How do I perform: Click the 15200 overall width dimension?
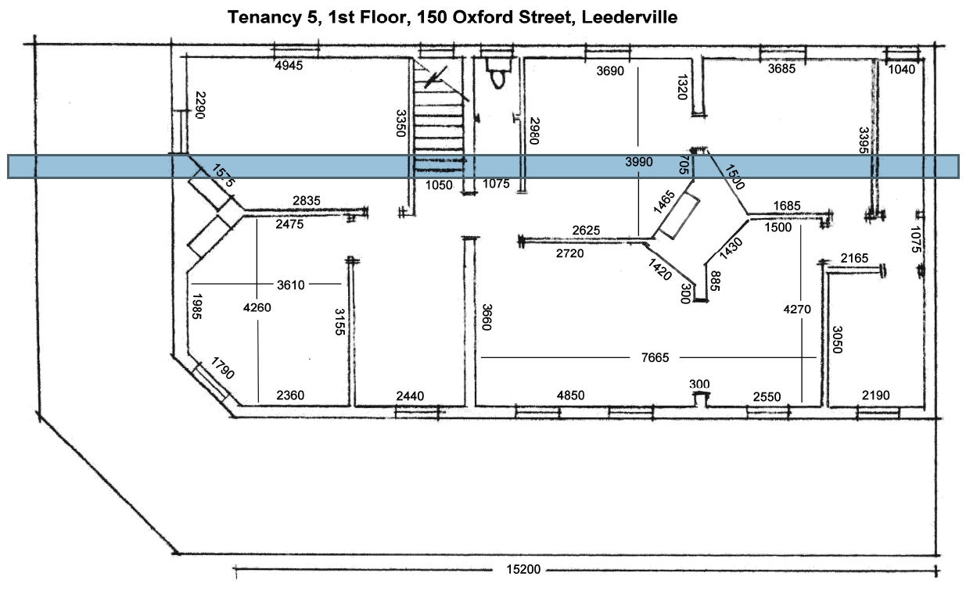coord(523,569)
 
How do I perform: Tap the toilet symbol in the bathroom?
coord(497,73)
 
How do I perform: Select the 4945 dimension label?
coord(289,66)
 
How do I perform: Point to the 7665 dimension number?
coord(655,357)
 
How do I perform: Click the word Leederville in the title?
coord(630,17)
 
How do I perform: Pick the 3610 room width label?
coord(291,285)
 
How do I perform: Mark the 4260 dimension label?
coord(257,307)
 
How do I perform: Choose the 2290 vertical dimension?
coord(200,105)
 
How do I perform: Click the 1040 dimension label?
coord(901,69)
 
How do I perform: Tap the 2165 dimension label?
coord(854,258)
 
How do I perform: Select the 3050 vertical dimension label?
coord(837,340)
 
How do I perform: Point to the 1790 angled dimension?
coord(222,367)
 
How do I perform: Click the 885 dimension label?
coord(715,281)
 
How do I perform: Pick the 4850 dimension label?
coord(570,396)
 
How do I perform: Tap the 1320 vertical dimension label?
coord(682,87)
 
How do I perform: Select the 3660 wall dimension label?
coord(487,317)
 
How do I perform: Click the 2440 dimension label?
coord(410,396)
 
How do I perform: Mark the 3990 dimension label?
coord(639,162)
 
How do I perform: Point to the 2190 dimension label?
coord(876,395)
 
